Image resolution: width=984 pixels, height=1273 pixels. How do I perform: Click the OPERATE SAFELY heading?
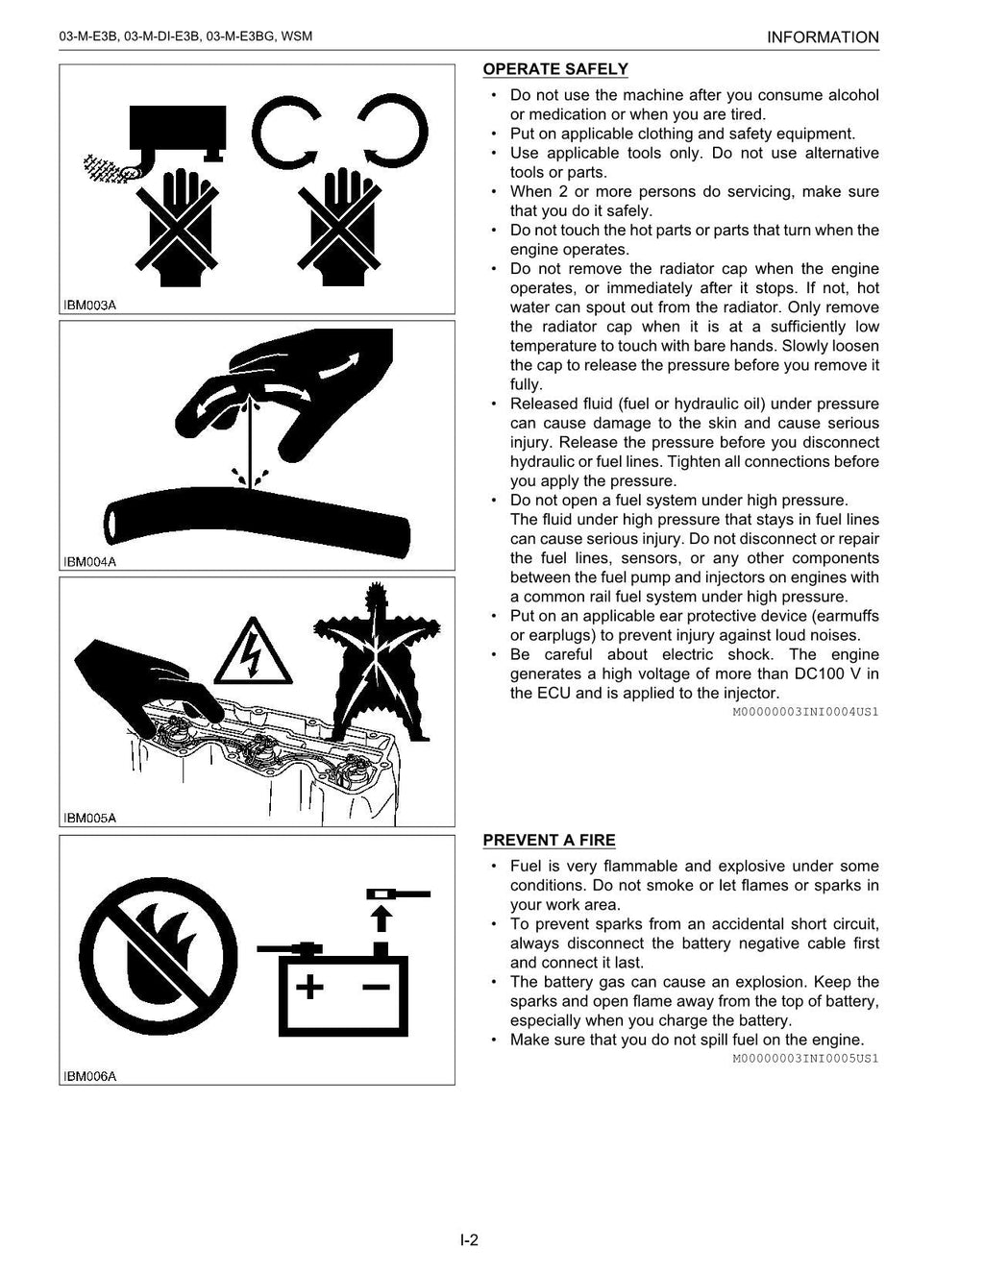point(554,69)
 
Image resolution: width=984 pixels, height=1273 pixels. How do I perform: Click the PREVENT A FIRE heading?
point(549,841)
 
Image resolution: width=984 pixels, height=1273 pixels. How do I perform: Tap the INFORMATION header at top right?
point(823,37)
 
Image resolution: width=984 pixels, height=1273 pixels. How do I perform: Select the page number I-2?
point(469,1239)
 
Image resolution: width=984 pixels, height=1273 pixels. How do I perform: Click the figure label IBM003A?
point(90,306)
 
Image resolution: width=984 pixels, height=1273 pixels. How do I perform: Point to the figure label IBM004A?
point(90,562)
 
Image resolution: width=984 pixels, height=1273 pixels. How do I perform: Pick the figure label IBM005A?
point(90,819)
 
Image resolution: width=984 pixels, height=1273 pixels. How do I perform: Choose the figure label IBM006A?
point(90,1076)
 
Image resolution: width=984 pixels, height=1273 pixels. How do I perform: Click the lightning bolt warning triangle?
point(254,651)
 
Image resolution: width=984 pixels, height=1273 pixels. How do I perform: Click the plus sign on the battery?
point(308,987)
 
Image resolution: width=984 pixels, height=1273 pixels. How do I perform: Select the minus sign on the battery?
point(376,987)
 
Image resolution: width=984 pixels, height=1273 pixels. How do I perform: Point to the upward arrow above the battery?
point(381,919)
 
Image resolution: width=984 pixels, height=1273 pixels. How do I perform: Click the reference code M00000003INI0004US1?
point(805,712)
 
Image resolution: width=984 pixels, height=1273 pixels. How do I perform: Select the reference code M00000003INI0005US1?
point(805,1059)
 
